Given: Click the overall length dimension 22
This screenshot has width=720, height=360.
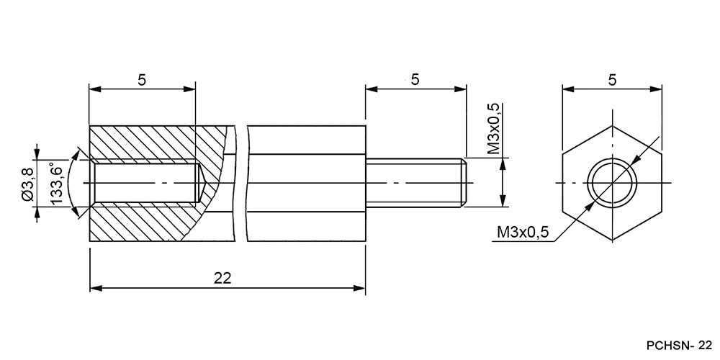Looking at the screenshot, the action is [222, 278].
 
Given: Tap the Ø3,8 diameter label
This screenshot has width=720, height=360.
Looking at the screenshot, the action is [27, 184].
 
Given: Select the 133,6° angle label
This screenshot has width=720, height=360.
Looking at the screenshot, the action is [56, 184].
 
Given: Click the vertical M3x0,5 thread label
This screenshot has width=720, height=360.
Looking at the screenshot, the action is [494, 130].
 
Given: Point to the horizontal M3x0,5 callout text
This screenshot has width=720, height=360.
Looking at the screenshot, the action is [523, 233].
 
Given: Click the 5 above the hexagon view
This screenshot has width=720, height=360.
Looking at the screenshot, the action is [612, 80].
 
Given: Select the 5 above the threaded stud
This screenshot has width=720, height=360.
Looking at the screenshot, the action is [415, 79].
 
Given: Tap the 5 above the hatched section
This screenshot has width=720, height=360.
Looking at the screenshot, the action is [142, 80].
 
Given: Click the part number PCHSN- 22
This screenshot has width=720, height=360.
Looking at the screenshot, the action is [680, 345].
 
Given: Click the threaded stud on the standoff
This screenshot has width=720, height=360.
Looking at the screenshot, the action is [416, 183].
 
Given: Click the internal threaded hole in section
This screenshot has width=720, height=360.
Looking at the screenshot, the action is [147, 183].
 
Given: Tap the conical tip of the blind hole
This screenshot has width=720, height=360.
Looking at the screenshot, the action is [201, 183].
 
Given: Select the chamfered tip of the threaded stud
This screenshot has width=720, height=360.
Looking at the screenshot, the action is [464, 183].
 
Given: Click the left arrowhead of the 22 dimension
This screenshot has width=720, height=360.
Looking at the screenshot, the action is [95, 288].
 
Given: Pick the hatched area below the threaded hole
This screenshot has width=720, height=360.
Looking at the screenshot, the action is [138, 222].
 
